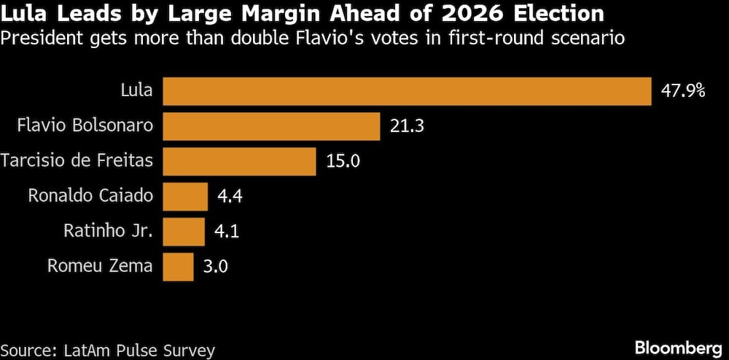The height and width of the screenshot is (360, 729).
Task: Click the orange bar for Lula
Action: click(407, 91)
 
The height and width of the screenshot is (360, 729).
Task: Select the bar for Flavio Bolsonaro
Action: click(271, 126)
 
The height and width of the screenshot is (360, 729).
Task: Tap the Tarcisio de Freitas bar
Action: click(239, 161)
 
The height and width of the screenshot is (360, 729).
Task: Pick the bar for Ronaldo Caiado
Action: click(185, 196)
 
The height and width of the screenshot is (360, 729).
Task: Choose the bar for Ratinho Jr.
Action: click(184, 232)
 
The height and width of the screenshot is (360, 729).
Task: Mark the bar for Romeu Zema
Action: click(178, 267)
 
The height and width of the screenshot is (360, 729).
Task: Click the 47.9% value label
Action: click(683, 91)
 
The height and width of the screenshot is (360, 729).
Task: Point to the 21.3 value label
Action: click(408, 126)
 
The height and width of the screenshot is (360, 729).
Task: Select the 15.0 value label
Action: click(343, 161)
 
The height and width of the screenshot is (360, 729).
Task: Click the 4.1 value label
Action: click(227, 232)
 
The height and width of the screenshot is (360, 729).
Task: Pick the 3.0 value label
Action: click(217, 267)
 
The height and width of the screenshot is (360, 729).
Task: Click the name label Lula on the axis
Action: click(136, 91)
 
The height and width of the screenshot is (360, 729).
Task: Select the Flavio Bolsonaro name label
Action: click(85, 126)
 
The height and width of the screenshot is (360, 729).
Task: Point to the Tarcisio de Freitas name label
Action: click(77, 161)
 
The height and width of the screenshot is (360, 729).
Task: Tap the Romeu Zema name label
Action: click(101, 267)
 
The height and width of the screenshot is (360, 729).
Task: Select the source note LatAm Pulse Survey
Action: click(107, 350)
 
